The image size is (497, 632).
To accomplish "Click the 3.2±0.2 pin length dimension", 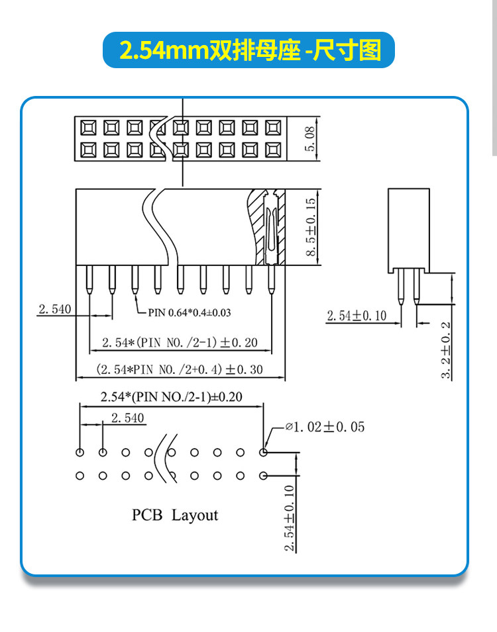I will click(446, 350).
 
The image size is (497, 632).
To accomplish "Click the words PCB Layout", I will click(174, 515).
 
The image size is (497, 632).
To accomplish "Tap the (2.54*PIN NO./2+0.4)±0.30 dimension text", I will click(180, 369).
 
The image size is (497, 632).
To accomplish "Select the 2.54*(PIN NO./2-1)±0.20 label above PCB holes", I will click(171, 397).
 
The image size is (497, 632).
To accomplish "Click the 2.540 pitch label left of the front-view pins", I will click(54, 309).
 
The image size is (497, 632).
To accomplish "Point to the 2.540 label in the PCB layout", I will click(127, 418).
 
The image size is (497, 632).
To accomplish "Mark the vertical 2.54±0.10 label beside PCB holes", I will click(289, 518).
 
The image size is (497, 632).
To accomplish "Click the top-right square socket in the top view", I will click(272, 126).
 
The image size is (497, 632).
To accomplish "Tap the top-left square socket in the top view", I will click(88, 126).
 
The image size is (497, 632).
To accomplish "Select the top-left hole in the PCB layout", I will click(80, 453).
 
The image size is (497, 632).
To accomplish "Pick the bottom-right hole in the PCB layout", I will click(264, 475).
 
